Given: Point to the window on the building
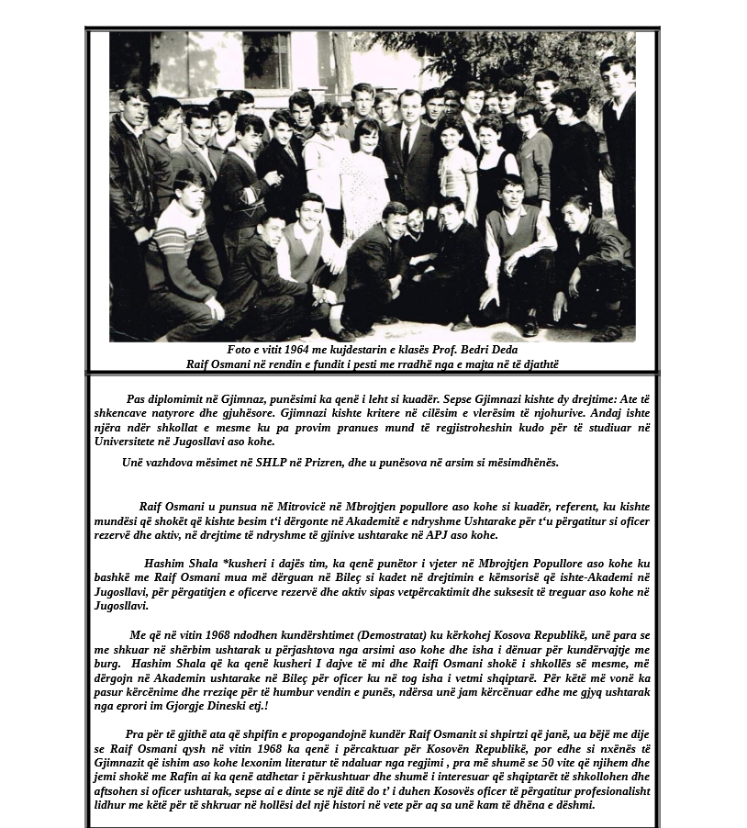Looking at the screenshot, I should click(x=266, y=60).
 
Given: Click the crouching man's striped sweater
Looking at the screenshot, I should click(x=180, y=241).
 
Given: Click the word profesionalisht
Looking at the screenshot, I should click(x=608, y=791).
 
